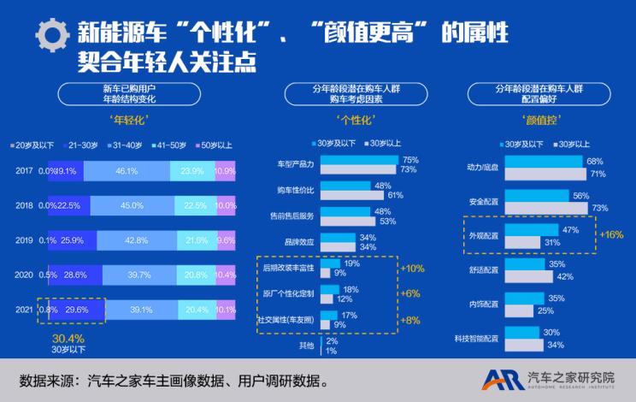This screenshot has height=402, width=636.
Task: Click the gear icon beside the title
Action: [x=53, y=33]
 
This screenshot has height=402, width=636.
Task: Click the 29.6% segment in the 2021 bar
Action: [x=76, y=310]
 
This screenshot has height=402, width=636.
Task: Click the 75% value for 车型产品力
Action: [x=409, y=160]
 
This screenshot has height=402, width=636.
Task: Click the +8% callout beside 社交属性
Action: [x=411, y=321]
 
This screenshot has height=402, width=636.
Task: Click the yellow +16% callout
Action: [x=611, y=234]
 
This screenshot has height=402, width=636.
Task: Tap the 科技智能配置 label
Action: [x=476, y=338]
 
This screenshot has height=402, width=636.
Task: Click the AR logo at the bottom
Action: [x=500, y=379]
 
